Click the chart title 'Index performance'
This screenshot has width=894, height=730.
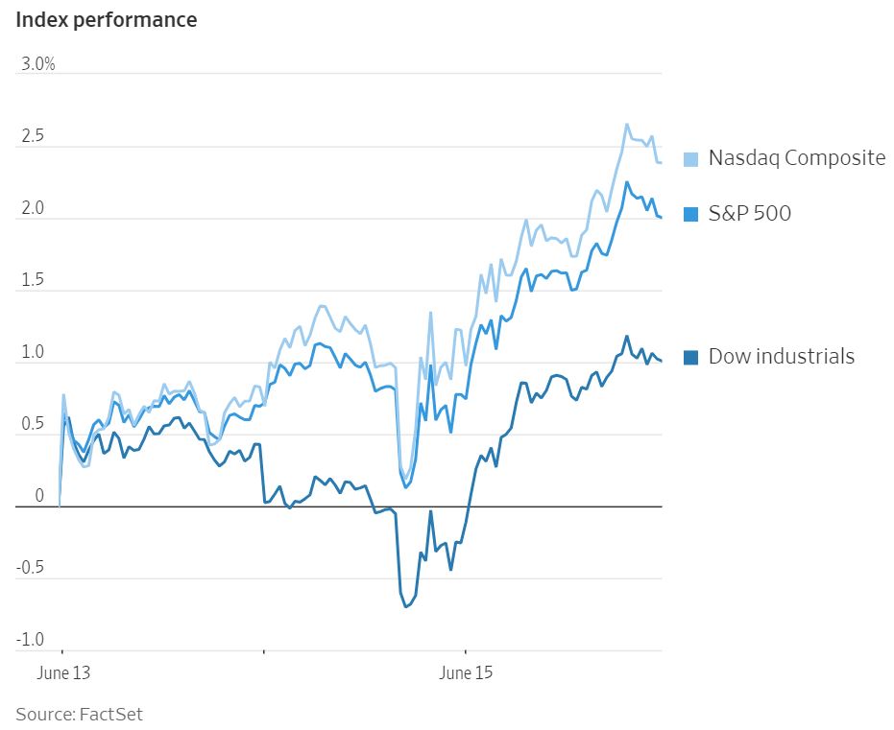click(x=106, y=19)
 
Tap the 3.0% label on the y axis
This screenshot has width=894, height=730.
click(x=38, y=64)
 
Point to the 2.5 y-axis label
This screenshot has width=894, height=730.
click(x=33, y=137)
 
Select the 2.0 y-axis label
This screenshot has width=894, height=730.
click(x=33, y=209)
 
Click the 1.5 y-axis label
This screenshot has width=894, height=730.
click(x=33, y=281)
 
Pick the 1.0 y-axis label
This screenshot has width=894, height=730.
click(x=33, y=353)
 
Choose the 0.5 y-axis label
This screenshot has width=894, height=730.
click(x=33, y=425)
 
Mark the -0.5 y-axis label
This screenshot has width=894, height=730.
click(x=30, y=568)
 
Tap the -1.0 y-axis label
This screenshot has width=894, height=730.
click(x=30, y=640)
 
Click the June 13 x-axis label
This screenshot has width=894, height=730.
click(x=63, y=672)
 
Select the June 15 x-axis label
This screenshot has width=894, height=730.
click(x=466, y=672)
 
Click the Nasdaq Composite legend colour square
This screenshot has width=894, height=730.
click(x=690, y=159)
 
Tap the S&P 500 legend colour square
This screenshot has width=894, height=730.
click(x=690, y=214)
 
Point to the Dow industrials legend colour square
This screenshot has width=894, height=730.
click(x=690, y=358)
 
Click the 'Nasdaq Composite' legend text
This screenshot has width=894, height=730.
click(x=797, y=158)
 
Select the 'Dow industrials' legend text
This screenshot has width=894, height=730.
click(x=782, y=357)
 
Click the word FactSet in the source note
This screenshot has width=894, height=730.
click(x=110, y=714)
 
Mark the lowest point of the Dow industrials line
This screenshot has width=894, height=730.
click(x=406, y=606)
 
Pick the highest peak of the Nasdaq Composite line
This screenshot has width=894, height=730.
click(x=627, y=124)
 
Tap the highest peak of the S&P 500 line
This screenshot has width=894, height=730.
click(x=627, y=182)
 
